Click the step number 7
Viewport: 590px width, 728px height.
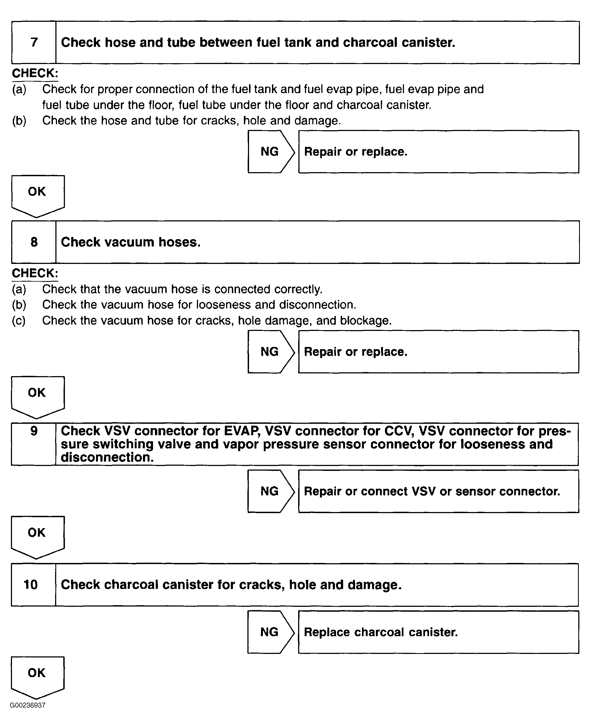[34, 42]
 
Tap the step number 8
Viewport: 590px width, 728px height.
[34, 242]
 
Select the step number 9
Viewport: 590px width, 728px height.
[34, 431]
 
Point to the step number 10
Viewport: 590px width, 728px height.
[31, 584]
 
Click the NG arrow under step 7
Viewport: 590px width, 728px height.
[270, 152]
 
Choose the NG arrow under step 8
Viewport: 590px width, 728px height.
[270, 352]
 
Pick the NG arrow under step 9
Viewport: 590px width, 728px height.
[270, 491]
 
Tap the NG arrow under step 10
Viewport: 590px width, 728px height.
[270, 632]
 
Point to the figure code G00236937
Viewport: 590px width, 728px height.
[28, 705]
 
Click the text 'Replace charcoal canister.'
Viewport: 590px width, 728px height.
[381, 632]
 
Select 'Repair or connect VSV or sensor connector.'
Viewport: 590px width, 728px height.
[432, 491]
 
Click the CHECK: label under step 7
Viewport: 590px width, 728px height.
[35, 73]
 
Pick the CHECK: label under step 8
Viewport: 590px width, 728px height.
[35, 273]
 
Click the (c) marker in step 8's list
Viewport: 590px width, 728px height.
[19, 320]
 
